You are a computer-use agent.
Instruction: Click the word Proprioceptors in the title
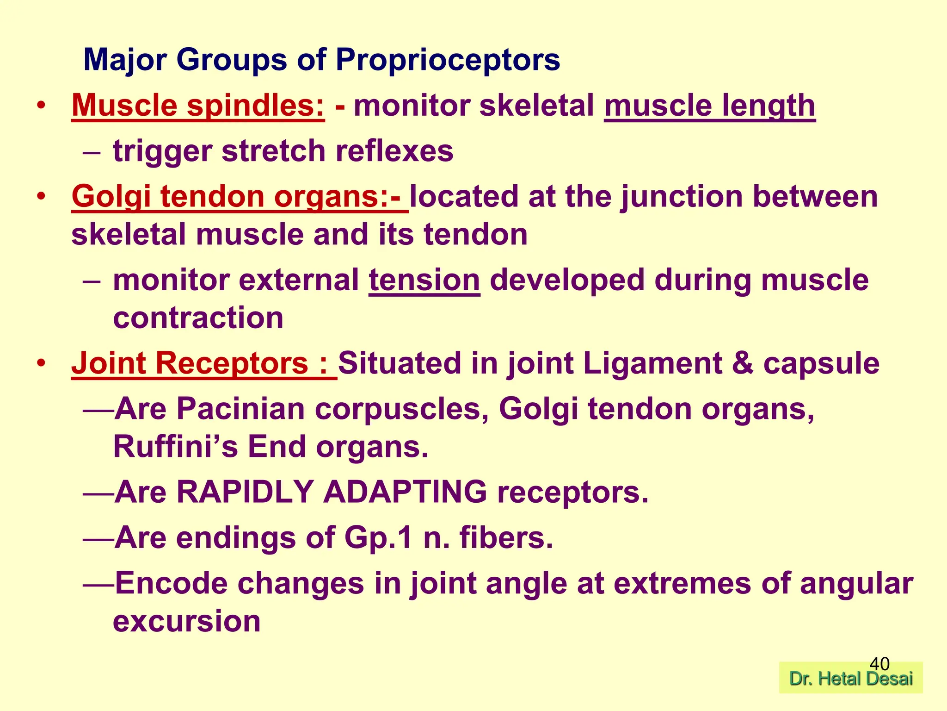point(447,60)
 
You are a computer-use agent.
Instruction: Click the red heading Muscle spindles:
point(198,106)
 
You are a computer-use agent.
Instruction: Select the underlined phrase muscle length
point(709,106)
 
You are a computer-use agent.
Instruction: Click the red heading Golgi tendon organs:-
point(240,196)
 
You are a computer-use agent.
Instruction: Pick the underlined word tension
point(424,281)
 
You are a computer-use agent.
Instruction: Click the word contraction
point(198,318)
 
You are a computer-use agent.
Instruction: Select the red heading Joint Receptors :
point(203,363)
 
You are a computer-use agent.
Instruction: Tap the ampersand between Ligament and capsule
point(743,363)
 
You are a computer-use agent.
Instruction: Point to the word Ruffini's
point(175,447)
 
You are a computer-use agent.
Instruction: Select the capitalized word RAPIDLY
point(245,492)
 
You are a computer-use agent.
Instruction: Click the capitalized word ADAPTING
point(405,492)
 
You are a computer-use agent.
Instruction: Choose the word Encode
point(171,583)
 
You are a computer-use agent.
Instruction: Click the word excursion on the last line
point(186,621)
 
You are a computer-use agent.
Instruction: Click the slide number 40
point(879,664)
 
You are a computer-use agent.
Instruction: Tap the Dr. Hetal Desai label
point(851,679)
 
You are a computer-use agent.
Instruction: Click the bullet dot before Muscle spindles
point(42,106)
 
